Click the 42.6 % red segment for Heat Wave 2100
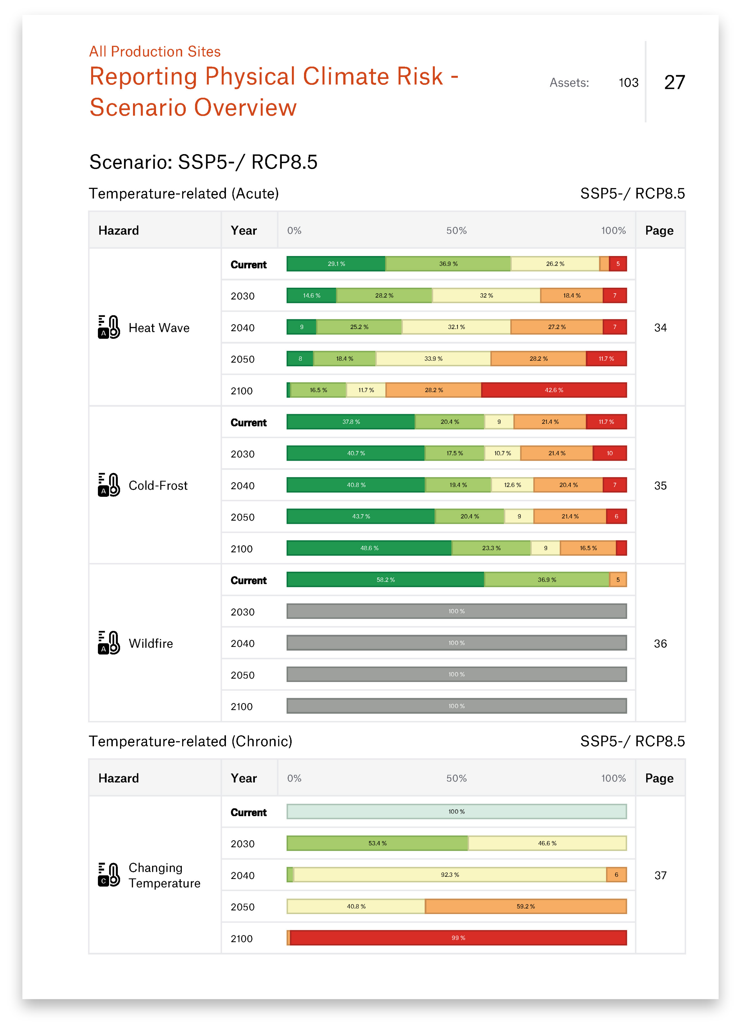pos(554,390)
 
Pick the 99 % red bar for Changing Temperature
pos(458,938)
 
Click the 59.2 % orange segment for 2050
pos(526,907)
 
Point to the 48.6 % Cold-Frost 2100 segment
pos(369,548)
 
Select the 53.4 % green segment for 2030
pos(378,844)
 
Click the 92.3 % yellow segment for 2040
pos(450,875)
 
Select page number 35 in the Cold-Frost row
pos(660,486)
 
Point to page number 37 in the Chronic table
pos(660,875)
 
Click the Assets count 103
pos(628,83)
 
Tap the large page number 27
pos(674,83)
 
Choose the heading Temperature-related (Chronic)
pos(191,741)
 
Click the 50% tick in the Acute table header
pos(456,231)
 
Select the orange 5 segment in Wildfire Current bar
pos(618,580)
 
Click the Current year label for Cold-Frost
pos(248,423)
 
